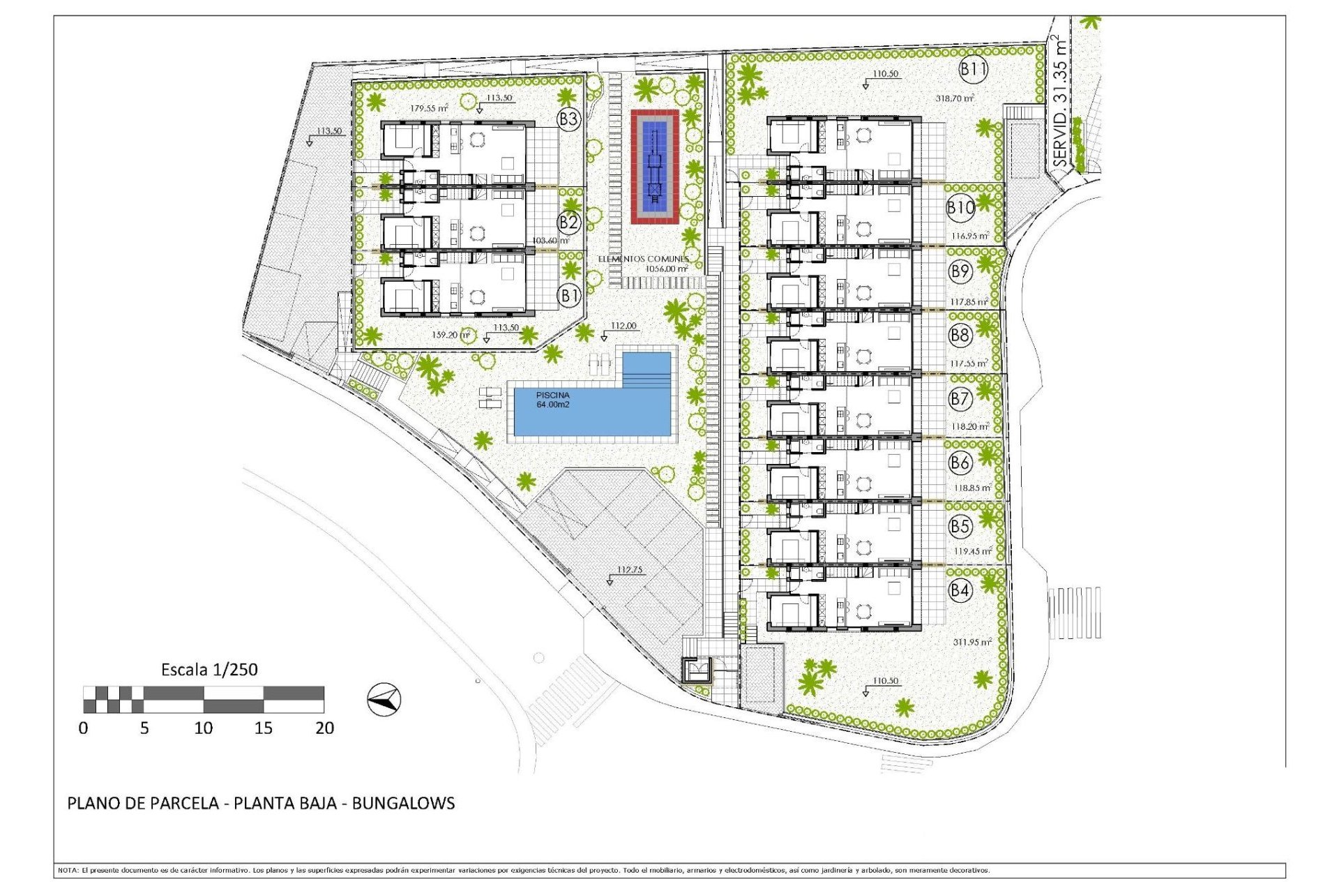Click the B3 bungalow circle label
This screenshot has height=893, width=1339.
568,119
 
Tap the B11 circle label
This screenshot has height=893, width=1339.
974,69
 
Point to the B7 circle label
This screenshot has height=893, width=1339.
960,398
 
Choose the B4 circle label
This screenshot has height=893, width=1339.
960,590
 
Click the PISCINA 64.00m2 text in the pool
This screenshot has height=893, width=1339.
553,400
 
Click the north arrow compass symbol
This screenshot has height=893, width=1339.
384,698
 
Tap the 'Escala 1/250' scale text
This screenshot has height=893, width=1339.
209,670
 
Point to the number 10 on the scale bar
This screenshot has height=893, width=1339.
203,728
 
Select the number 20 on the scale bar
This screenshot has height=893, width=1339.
324,728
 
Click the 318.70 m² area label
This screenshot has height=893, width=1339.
955,98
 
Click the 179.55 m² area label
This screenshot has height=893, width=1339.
429,108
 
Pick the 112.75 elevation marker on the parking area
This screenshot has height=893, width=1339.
629,570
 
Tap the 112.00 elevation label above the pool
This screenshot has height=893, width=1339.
623,326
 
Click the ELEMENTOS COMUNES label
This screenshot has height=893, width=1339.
643,259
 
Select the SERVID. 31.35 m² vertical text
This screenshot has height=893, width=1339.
1060,101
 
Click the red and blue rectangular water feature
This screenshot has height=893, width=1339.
655,166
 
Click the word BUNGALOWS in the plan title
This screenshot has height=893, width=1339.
403,803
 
